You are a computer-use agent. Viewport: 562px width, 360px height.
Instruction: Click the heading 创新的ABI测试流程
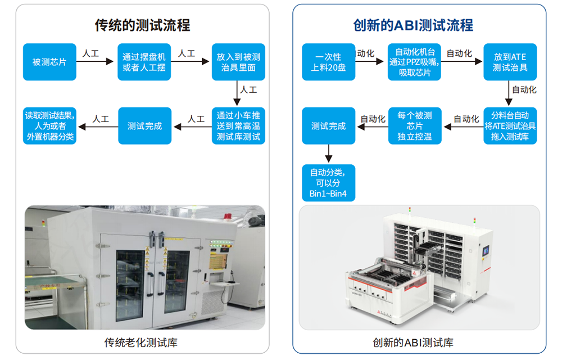click(413, 25)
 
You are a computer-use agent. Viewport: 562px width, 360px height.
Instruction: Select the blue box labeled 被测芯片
click(49, 62)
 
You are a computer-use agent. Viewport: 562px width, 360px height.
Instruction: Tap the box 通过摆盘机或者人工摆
click(144, 62)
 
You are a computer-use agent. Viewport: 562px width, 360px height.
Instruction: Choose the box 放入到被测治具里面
click(238, 62)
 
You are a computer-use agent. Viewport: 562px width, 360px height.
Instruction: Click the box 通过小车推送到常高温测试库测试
click(238, 126)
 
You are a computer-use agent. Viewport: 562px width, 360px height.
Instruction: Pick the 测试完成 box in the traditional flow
click(144, 126)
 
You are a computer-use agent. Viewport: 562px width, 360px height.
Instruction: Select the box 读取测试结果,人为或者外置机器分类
click(49, 126)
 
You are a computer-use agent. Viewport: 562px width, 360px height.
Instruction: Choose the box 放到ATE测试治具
click(510, 62)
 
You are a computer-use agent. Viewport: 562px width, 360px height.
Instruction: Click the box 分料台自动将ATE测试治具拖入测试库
click(510, 126)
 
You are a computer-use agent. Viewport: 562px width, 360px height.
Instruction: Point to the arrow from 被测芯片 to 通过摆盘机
click(96, 62)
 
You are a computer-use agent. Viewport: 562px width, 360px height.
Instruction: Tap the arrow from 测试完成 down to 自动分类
click(328, 154)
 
